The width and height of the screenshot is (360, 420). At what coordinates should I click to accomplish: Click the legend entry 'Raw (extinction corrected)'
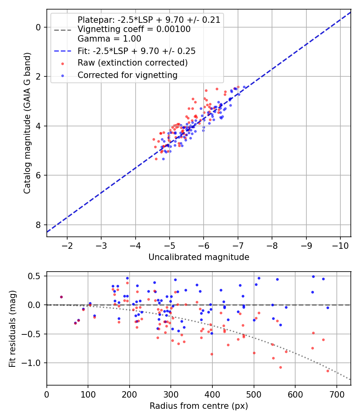click(132, 63)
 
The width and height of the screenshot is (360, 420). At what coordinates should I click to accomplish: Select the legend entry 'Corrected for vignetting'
click(127, 75)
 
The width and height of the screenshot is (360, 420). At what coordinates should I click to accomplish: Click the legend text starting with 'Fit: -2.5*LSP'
click(136, 51)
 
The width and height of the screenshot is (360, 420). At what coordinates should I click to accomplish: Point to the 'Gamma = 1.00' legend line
click(109, 39)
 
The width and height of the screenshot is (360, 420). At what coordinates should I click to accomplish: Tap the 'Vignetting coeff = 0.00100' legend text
click(134, 29)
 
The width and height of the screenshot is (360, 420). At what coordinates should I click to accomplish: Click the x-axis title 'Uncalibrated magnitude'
click(199, 257)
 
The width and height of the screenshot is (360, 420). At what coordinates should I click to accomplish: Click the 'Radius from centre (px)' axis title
click(199, 406)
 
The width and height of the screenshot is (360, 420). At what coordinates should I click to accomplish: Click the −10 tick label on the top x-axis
click(340, 245)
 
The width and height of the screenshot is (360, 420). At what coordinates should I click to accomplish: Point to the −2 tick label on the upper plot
click(67, 245)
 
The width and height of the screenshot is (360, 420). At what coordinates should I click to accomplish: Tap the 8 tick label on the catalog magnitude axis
click(39, 225)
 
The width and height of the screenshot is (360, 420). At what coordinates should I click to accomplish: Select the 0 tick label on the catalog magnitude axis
click(39, 27)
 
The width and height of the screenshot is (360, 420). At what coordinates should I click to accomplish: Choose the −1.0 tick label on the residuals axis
click(33, 363)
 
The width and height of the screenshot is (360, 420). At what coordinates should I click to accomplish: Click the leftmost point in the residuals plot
click(61, 297)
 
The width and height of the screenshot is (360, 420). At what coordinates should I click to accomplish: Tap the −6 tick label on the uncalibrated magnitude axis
click(204, 245)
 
